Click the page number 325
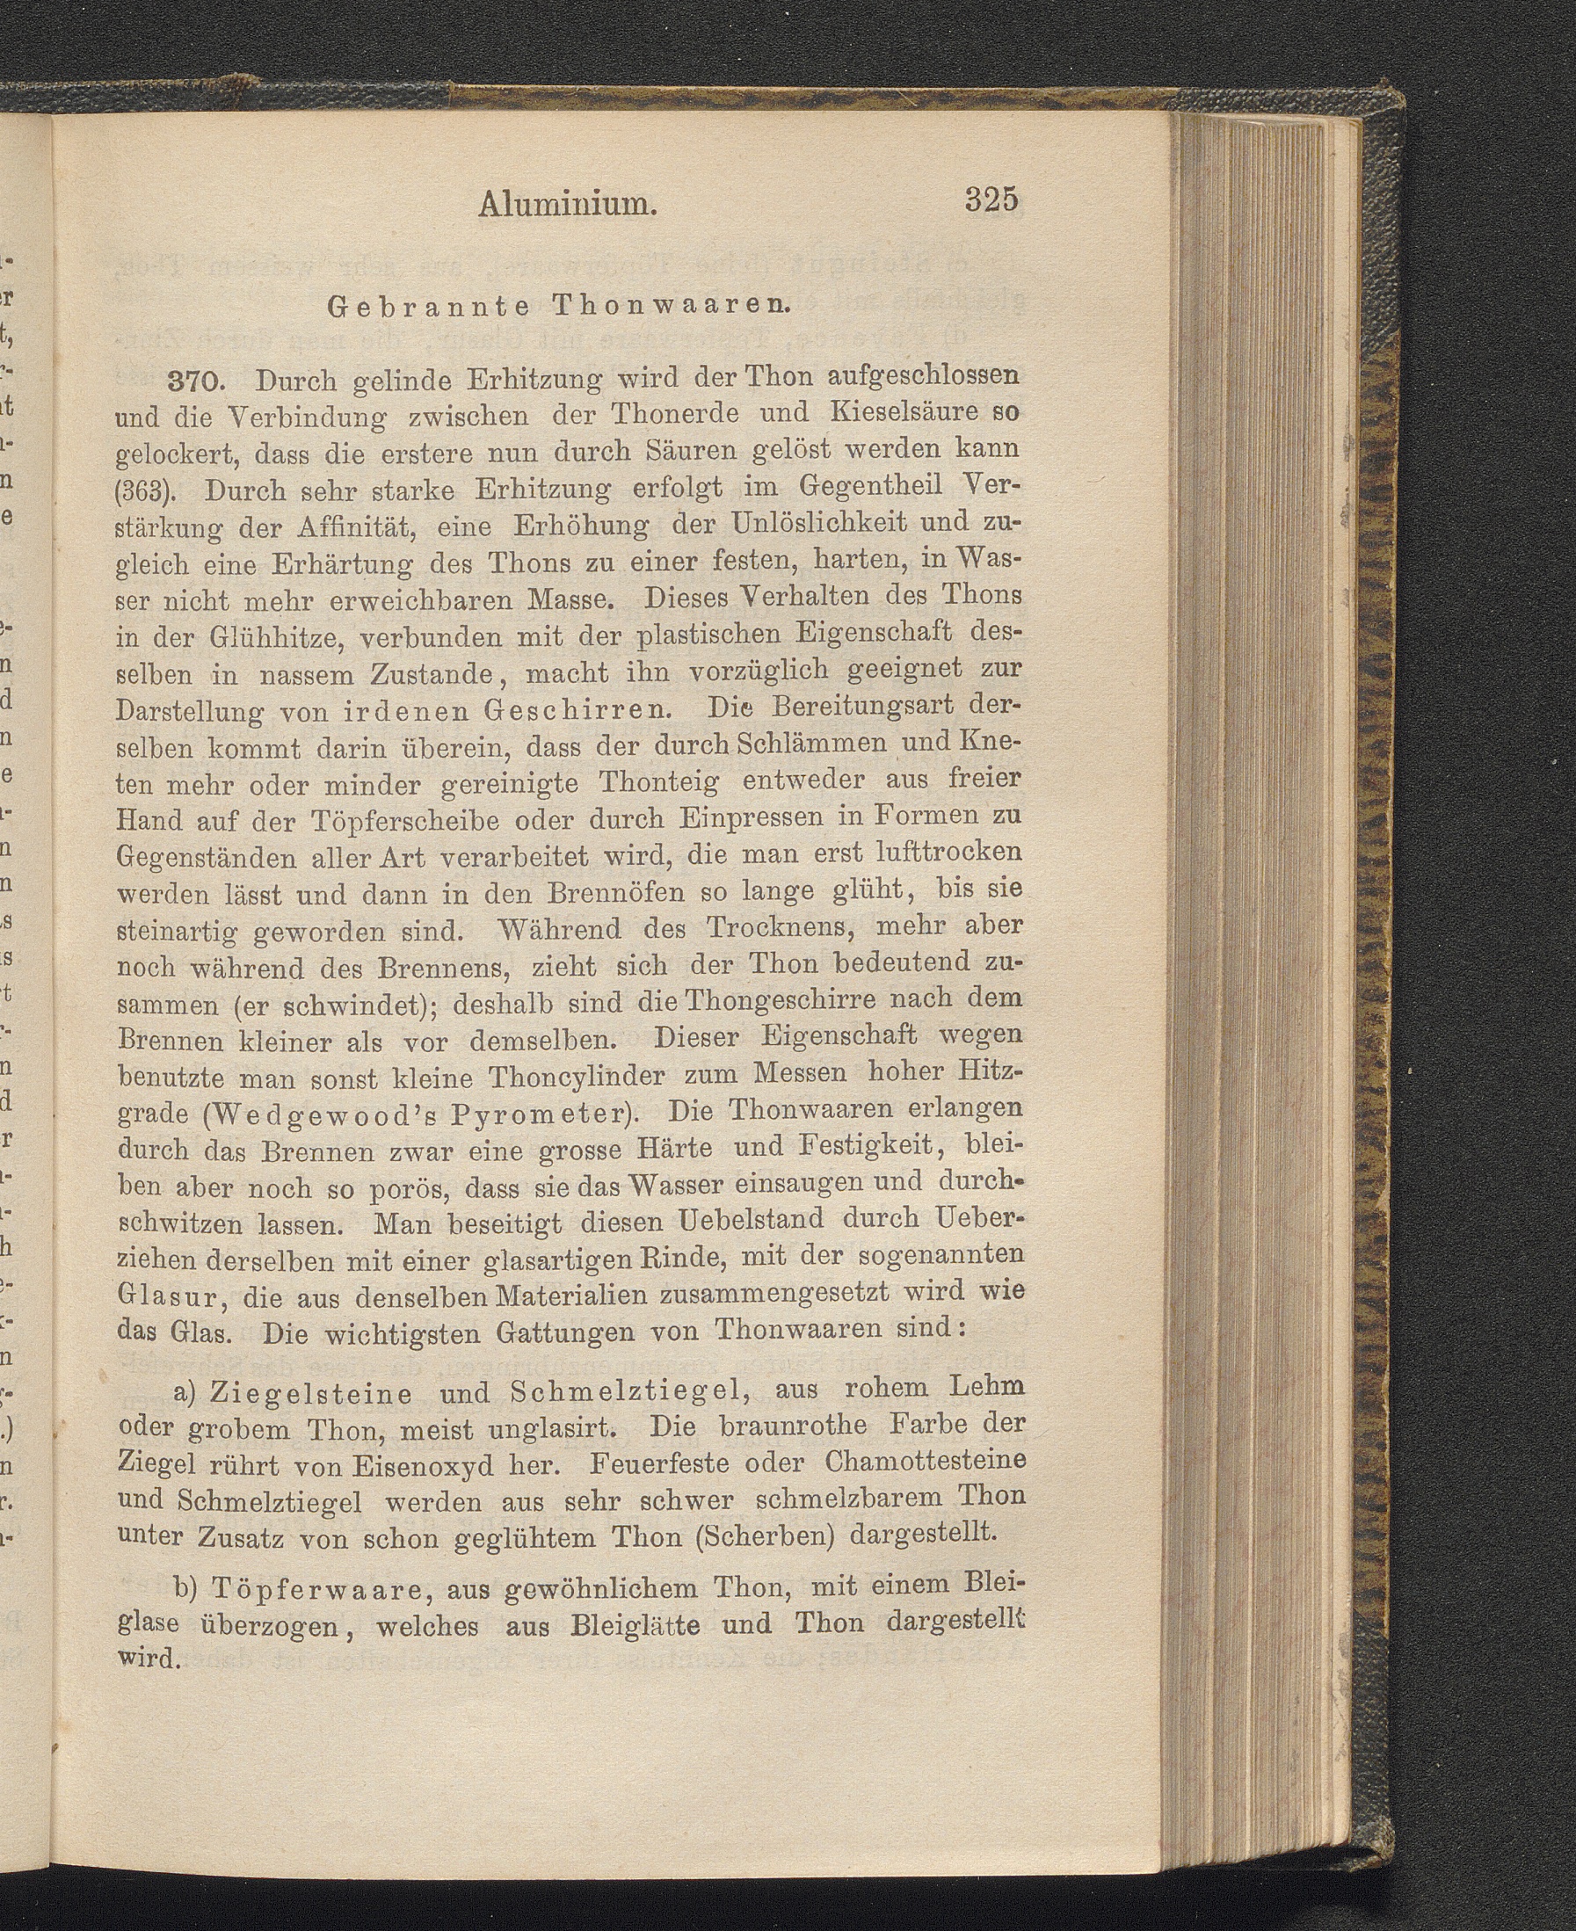[x=992, y=199]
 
